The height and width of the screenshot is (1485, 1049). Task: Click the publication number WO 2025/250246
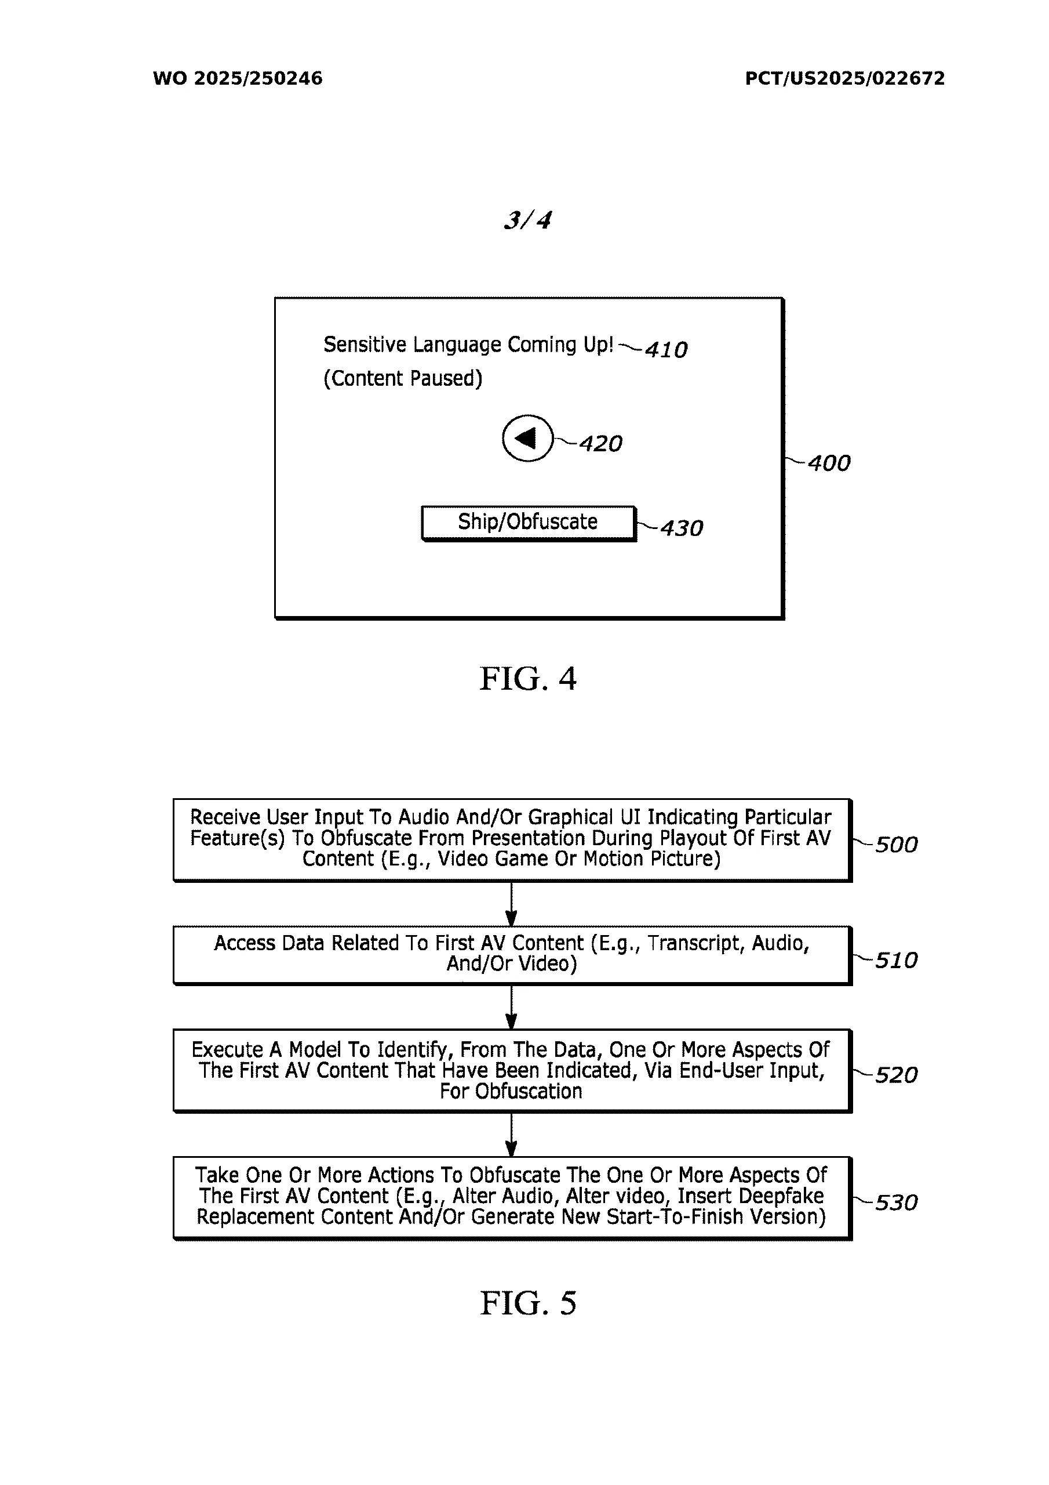point(237,78)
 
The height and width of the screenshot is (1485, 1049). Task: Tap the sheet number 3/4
point(527,220)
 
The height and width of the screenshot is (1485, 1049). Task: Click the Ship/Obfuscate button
point(528,522)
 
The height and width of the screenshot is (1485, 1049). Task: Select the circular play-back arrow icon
point(527,438)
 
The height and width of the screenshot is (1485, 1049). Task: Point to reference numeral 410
point(666,350)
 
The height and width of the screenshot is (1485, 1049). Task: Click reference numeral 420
point(600,444)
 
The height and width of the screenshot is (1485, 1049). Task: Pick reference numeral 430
point(681,528)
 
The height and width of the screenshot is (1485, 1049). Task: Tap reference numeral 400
point(829,463)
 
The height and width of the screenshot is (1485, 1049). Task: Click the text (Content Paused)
point(403,378)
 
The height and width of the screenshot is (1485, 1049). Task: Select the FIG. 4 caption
point(527,679)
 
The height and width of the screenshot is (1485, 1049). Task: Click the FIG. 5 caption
point(527,1303)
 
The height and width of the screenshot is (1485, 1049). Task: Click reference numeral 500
point(896,845)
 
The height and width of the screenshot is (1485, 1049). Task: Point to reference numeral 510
point(896,961)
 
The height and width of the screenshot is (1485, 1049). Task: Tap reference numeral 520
point(896,1075)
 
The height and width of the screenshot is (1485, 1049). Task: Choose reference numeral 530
point(896,1203)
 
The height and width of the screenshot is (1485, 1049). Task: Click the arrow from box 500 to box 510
point(511,904)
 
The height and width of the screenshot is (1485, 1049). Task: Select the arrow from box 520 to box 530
point(511,1135)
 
